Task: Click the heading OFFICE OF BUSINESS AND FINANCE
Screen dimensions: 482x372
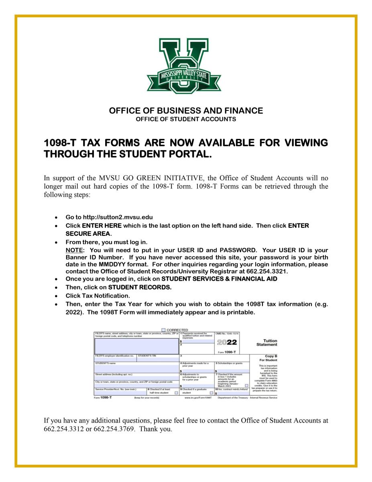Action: click(186, 110)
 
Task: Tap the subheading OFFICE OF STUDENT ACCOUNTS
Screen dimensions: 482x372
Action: click(186, 119)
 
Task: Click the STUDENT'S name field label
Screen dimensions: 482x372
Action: click(106, 363)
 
